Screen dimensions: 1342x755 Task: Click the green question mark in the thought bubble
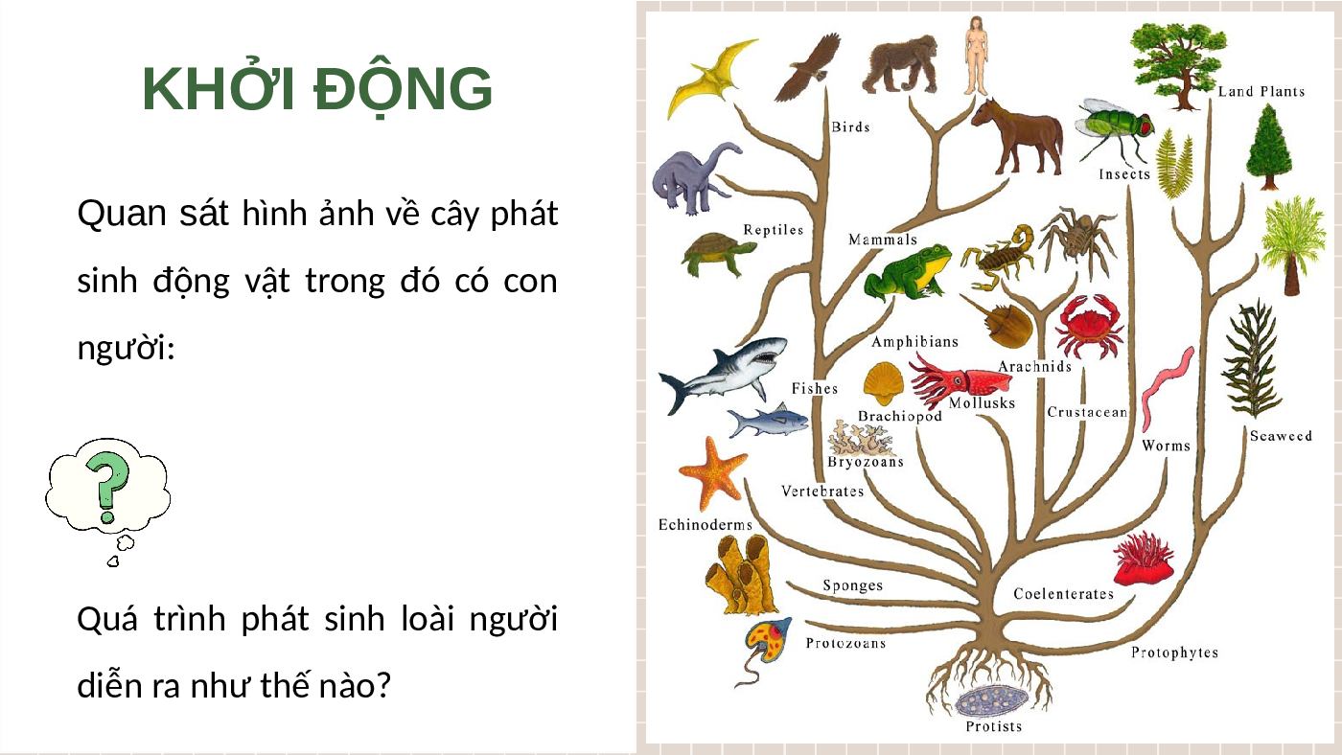pyautogui.click(x=107, y=486)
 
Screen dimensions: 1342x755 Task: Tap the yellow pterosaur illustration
pyautogui.click(x=710, y=78)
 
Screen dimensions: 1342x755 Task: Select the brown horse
pyautogui.click(x=1017, y=136)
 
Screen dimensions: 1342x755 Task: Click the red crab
pyautogui.click(x=1089, y=327)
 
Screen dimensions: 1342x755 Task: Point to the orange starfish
pyautogui.click(x=712, y=473)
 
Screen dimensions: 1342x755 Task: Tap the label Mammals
pyautogui.click(x=883, y=240)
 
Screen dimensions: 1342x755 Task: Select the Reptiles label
pyautogui.click(x=773, y=230)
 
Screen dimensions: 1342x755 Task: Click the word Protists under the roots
pyautogui.click(x=993, y=726)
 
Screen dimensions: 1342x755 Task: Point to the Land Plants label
pyautogui.click(x=1261, y=92)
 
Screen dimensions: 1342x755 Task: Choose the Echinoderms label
pyautogui.click(x=706, y=524)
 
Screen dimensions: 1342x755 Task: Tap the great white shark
pyautogui.click(x=723, y=375)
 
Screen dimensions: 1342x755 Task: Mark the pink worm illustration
pyautogui.click(x=1167, y=388)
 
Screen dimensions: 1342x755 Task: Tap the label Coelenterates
pyautogui.click(x=1063, y=594)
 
